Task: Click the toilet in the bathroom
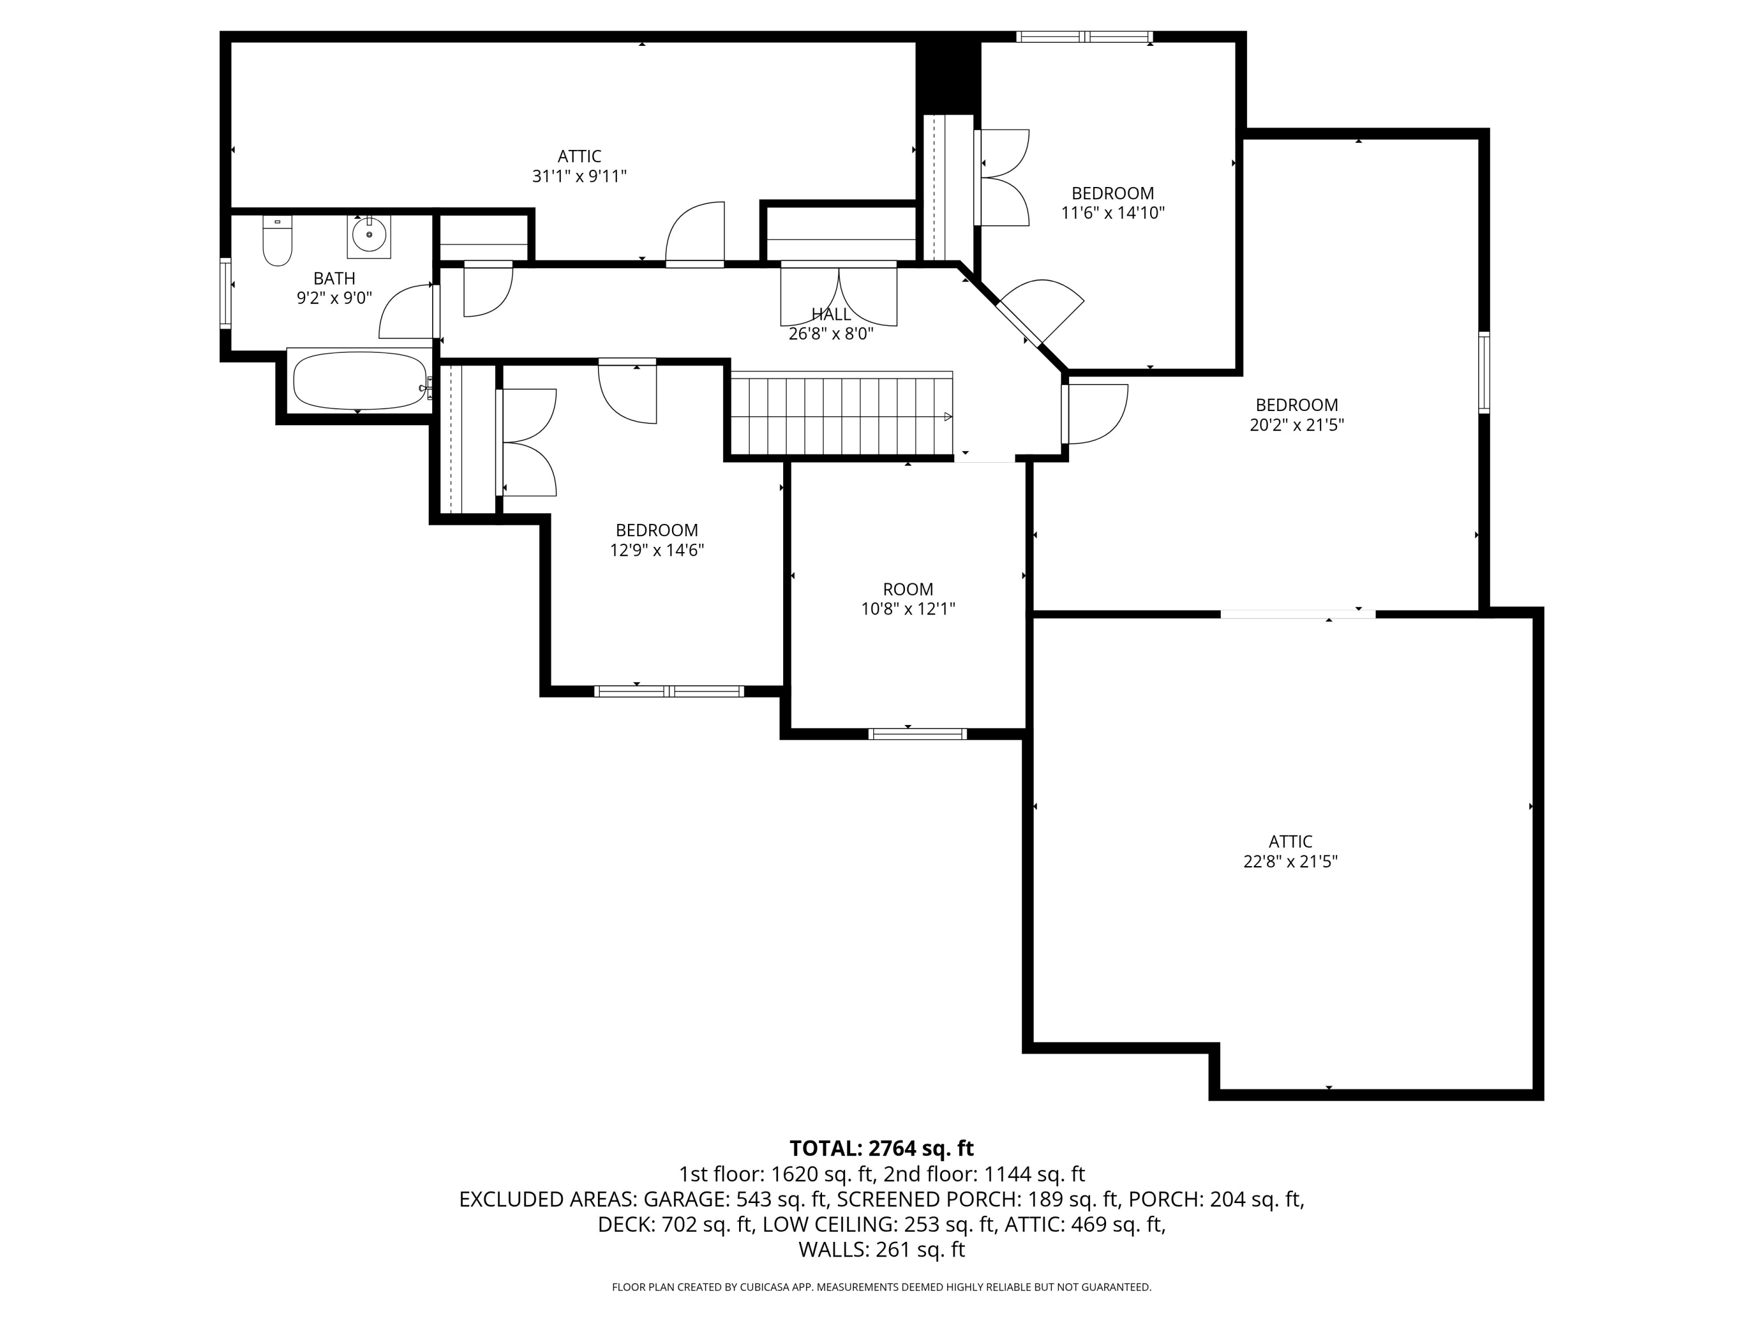[278, 240]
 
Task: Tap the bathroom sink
[369, 235]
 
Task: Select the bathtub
[360, 380]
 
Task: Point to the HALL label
[831, 314]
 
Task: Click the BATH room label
[334, 278]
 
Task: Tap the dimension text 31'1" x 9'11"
[580, 176]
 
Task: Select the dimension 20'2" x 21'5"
[1297, 425]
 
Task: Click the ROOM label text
[908, 589]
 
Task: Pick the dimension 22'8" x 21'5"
[1290, 861]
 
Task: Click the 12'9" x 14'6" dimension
[657, 550]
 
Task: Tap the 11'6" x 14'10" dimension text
[1113, 213]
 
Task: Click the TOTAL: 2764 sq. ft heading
[882, 1148]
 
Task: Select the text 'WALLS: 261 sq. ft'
[882, 1249]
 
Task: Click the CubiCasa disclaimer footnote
[882, 1287]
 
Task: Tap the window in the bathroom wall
[226, 293]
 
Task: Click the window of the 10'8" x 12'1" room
[918, 734]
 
